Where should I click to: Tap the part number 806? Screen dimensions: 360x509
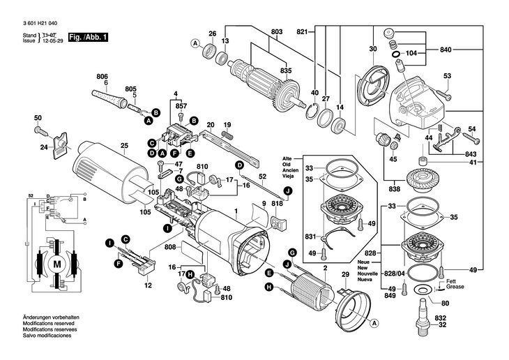click(x=102, y=75)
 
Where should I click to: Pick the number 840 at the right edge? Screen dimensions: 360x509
click(x=446, y=51)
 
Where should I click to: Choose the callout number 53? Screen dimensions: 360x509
click(x=447, y=76)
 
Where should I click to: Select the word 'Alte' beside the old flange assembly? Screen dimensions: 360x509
click(x=287, y=159)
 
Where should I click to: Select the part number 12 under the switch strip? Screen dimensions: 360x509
click(x=148, y=286)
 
